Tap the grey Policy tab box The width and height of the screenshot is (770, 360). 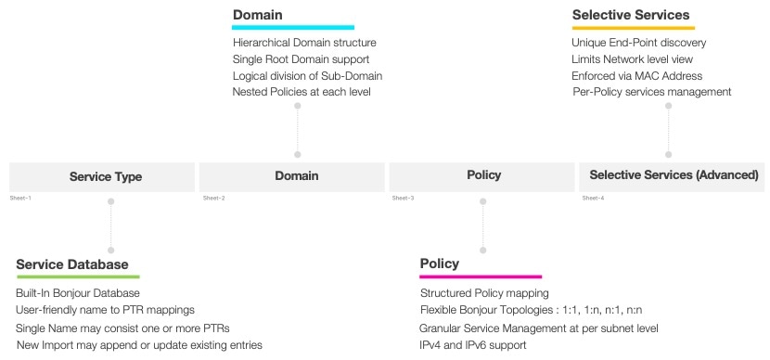point(482,175)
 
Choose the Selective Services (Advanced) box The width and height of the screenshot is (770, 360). point(673,175)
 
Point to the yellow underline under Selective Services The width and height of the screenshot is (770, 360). point(634,28)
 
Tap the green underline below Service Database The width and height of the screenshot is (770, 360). point(78,276)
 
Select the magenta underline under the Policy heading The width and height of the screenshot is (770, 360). point(481,276)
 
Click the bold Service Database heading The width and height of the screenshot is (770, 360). point(71,264)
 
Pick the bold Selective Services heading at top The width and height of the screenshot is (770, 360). point(630,15)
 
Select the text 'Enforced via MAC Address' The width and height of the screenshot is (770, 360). point(637,75)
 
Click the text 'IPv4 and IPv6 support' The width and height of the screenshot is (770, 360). point(473,345)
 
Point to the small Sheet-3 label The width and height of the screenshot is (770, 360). point(403,199)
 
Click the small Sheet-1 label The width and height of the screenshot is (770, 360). point(20,199)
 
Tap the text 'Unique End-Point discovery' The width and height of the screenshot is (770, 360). point(639,43)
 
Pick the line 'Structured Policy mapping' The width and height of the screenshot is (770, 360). point(483,294)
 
